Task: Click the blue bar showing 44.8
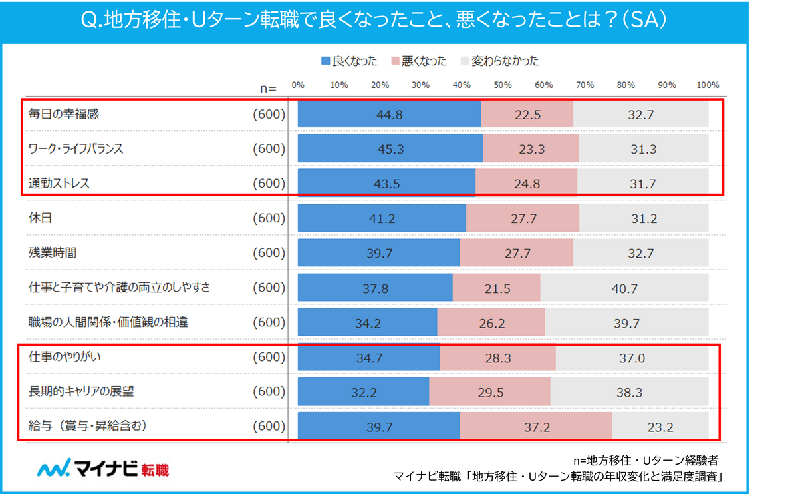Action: [389, 115]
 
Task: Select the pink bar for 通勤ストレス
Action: [526, 184]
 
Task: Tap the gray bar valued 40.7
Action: [624, 288]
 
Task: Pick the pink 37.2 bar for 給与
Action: [536, 427]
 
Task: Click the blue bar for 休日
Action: [382, 218]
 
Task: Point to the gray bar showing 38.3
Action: [629, 392]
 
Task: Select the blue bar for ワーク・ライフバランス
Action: [390, 149]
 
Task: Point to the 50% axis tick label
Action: [503, 85]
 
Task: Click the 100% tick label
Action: [708, 85]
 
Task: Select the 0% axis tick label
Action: [298, 85]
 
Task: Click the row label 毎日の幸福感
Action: [64, 114]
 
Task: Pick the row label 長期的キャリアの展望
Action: [81, 391]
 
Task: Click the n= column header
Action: [268, 87]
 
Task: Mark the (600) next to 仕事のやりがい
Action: [269, 357]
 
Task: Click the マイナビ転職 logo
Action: [103, 469]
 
